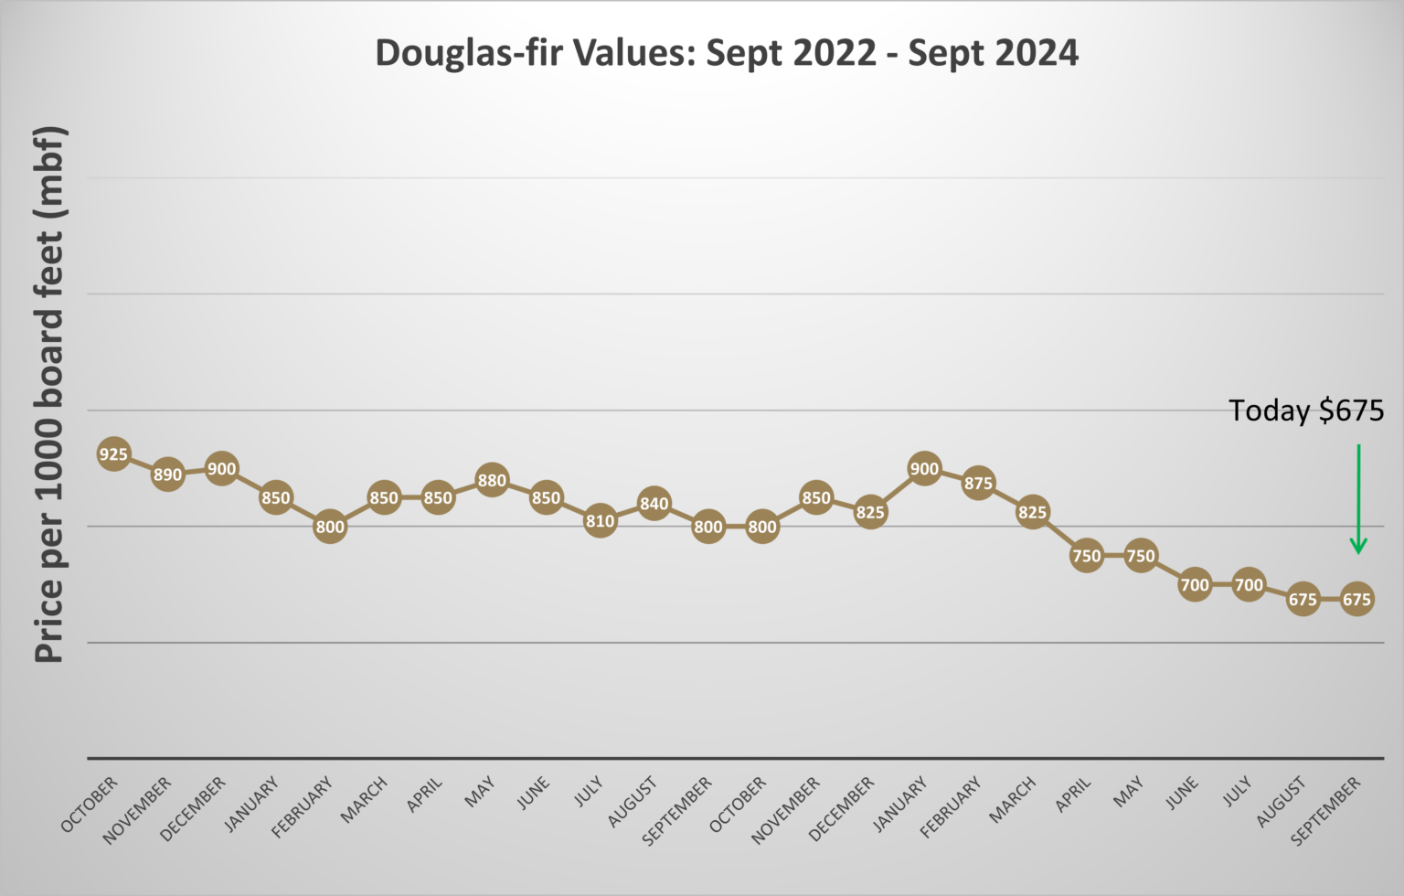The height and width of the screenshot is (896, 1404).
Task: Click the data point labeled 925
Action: [x=113, y=454]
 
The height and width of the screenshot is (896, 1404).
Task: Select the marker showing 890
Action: [x=167, y=475]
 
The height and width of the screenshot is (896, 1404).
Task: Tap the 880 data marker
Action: [x=492, y=481]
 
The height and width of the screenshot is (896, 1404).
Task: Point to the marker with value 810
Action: [x=600, y=521]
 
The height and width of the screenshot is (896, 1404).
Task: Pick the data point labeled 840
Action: [x=654, y=504]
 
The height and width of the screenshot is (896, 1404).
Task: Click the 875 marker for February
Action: [x=978, y=484]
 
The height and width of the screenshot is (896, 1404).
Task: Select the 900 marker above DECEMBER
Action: [x=221, y=469]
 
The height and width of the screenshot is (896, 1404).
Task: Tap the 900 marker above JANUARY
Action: [x=924, y=469]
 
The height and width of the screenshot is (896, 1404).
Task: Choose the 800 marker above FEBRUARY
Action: [x=330, y=527]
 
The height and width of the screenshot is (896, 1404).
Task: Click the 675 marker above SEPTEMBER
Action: [x=1356, y=600]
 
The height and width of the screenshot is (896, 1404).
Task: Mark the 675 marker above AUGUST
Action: [x=1303, y=600]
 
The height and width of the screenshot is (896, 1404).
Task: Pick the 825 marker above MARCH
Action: [x=1032, y=512]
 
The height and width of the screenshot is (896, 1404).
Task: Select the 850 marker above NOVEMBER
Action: [x=816, y=498]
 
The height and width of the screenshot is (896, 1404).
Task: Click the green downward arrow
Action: [x=1358, y=499]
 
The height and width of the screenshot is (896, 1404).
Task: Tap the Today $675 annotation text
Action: [x=1305, y=411]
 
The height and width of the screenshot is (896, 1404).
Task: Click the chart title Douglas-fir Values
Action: [x=727, y=53]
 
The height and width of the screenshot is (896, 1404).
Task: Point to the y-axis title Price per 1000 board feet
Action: [x=49, y=393]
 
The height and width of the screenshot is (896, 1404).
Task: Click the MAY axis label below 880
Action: [x=481, y=792]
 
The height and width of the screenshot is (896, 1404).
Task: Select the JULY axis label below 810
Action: [x=590, y=791]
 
